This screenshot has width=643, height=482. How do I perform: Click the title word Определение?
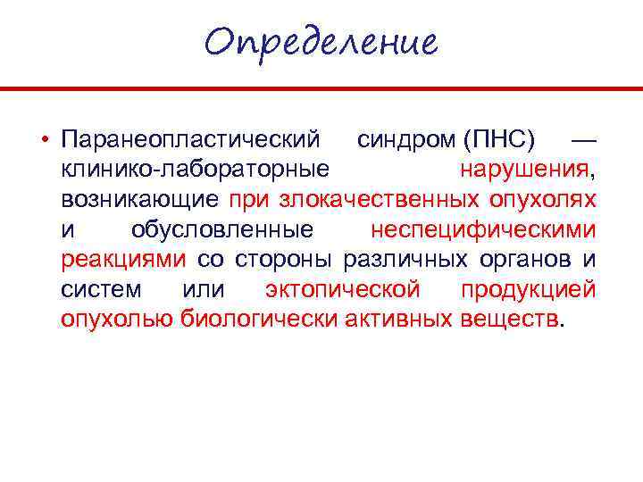click(x=321, y=42)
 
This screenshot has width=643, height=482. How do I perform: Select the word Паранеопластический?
click(x=190, y=140)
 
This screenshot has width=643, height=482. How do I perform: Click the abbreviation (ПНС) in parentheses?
click(x=499, y=140)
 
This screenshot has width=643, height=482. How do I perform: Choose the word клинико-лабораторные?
click(x=194, y=170)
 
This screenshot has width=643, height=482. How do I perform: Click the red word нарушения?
click(x=524, y=170)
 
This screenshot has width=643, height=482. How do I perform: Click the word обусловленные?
click(x=222, y=229)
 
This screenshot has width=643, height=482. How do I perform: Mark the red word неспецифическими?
click(x=483, y=229)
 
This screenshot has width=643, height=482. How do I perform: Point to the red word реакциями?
click(x=123, y=259)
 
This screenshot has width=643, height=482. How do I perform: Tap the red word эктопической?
click(x=343, y=289)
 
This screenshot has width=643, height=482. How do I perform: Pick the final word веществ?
click(x=508, y=319)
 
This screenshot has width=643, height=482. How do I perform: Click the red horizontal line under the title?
click(x=321, y=89)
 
